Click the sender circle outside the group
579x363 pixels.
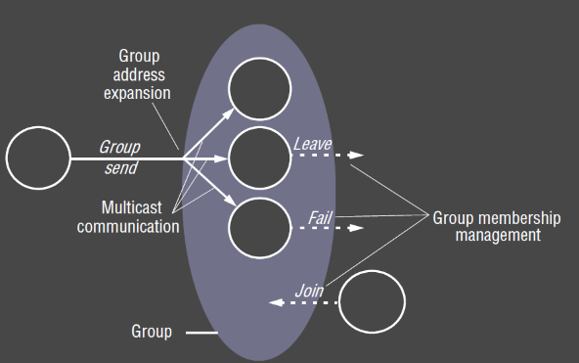[x=38, y=158]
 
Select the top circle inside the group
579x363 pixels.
[x=260, y=89]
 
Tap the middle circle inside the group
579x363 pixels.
[x=260, y=158]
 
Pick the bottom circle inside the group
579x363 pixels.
[x=260, y=227]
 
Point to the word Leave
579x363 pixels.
[x=312, y=145]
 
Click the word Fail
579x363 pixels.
[x=321, y=215]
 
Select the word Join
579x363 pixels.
[x=309, y=291]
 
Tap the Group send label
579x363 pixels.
[x=118, y=157]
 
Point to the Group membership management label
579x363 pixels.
[x=486, y=226]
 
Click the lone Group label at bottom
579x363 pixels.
[x=152, y=332]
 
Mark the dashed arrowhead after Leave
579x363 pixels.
[x=358, y=156]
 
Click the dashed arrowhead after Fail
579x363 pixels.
[x=358, y=227]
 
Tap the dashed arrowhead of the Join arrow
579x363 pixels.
[x=274, y=303]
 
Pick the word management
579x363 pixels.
[x=486, y=236]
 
